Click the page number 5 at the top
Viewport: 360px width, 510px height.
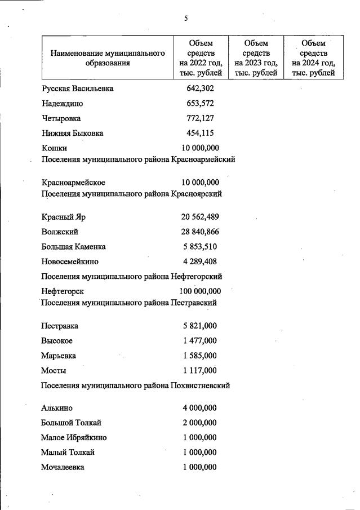[x=186, y=19]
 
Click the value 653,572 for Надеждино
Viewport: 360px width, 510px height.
[x=200, y=103]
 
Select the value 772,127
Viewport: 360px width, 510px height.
[x=200, y=118]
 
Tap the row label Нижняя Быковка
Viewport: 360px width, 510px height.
[x=72, y=134]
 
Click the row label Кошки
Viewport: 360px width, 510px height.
[x=54, y=148]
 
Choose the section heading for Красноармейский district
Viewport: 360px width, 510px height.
[x=138, y=159]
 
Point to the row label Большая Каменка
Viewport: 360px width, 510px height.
[x=73, y=247]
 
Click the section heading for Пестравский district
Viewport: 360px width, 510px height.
[x=130, y=303]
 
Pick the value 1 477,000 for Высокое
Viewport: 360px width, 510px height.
[x=200, y=341]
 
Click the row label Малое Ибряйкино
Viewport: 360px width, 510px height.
[x=74, y=437]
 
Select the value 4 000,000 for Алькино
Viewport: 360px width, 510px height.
[x=200, y=408]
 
